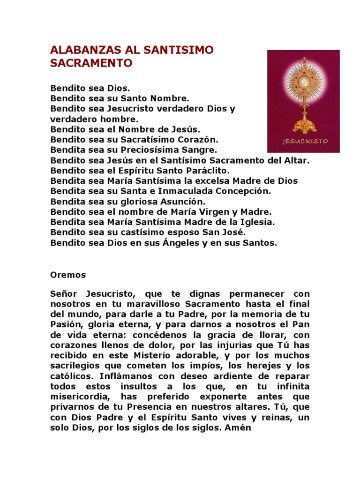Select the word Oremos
click(x=68, y=275)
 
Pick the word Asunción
click(x=183, y=202)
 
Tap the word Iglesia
click(x=257, y=222)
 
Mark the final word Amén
click(x=241, y=427)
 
